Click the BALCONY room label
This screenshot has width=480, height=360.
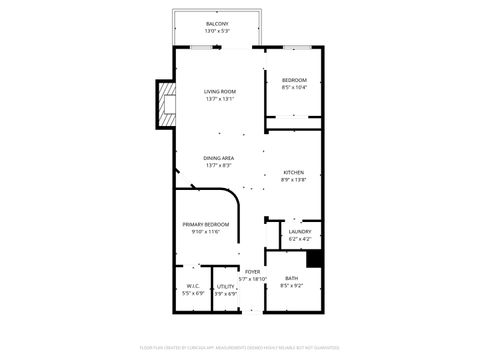217,23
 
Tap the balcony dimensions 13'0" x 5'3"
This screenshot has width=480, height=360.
217,31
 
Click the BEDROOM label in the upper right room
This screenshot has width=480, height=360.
293,80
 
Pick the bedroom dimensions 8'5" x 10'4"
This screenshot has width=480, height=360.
293,88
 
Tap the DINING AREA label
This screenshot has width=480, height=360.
219,158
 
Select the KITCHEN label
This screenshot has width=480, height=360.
293,172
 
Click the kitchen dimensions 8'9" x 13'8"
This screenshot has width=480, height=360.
293,180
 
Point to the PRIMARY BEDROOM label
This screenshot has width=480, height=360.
205,224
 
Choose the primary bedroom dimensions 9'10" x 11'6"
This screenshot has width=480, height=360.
205,232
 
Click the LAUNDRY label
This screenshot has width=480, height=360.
299,232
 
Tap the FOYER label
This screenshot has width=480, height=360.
252,271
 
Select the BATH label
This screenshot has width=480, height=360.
291,278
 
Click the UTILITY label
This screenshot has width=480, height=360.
226,286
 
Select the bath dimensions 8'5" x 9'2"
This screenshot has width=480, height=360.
291,286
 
